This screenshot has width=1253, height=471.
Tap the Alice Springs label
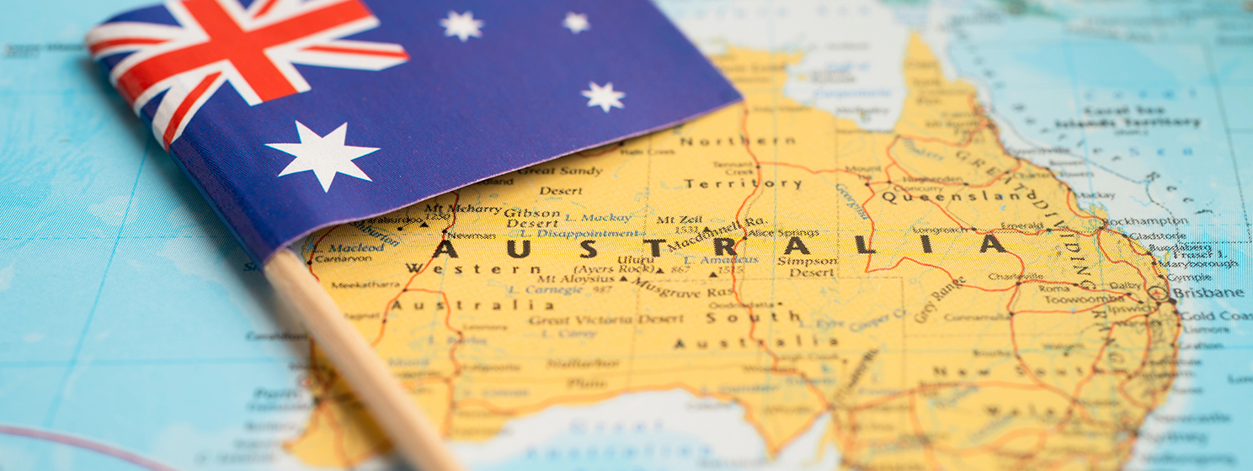(x=771, y=233)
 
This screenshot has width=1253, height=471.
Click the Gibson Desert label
(x=532, y=218)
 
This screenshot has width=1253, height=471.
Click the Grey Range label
(x=939, y=299)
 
